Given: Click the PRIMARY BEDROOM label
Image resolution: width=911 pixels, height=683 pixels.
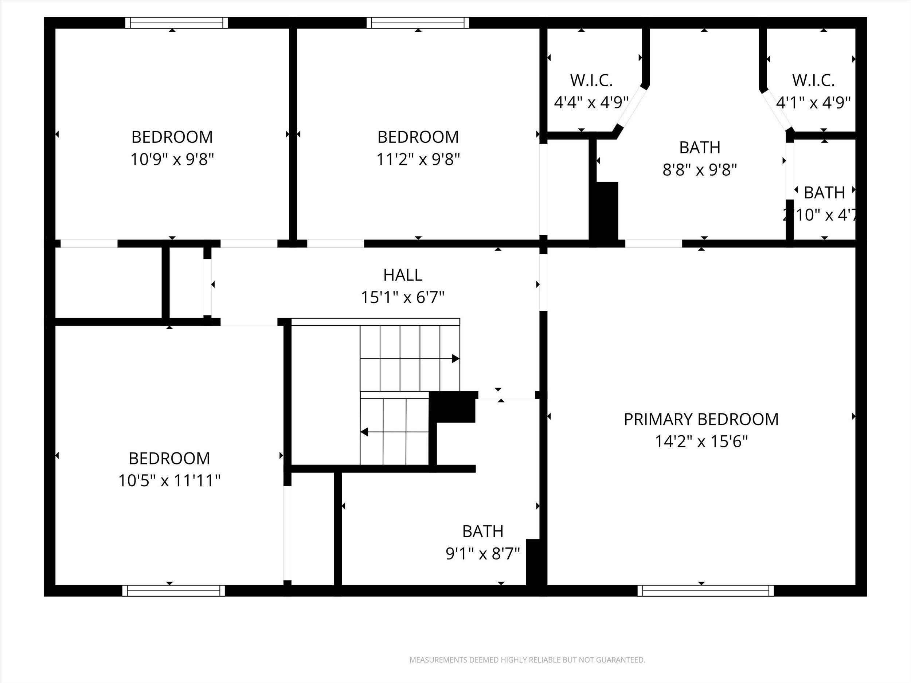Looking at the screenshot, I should click(x=701, y=420).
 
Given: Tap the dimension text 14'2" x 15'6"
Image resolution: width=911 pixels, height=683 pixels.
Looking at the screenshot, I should click(x=701, y=442).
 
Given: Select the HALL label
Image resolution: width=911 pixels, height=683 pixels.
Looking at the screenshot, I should click(x=402, y=275).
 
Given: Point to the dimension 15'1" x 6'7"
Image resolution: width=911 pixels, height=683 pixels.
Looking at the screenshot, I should click(x=402, y=297).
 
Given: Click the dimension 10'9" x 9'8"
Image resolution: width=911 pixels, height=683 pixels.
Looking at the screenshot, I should click(x=172, y=159).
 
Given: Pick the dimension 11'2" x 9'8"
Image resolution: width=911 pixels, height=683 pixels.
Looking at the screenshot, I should click(x=418, y=159).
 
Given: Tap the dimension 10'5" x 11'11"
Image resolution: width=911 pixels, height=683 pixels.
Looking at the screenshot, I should click(x=169, y=480).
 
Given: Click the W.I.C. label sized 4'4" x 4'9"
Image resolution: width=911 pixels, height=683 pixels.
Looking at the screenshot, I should click(x=591, y=81).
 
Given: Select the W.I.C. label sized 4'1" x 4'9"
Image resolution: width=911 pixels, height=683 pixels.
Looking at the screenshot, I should click(x=813, y=81).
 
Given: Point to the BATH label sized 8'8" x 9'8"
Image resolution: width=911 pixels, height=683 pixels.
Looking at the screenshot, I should click(x=699, y=148).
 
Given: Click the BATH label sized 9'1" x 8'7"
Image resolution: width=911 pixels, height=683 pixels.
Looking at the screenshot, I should click(x=483, y=531).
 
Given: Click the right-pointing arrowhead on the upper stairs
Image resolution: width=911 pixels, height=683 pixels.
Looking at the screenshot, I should click(x=455, y=358).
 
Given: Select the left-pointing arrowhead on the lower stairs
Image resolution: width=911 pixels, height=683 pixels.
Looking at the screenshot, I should click(x=364, y=432).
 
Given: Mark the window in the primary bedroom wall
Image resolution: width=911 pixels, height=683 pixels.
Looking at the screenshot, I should click(x=705, y=591).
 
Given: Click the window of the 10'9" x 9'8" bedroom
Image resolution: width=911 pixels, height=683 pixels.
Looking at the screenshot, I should click(x=176, y=23).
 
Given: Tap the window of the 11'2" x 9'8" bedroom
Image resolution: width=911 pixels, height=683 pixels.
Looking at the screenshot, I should click(x=418, y=23).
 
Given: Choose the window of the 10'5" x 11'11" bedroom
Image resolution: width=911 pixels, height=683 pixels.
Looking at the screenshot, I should click(x=173, y=591).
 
